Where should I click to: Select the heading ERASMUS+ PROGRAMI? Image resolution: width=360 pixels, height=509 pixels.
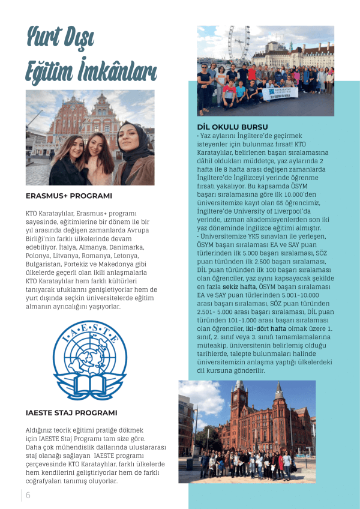pyautogui.click(x=68, y=196)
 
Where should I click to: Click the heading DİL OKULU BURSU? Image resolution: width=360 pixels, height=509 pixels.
pyautogui.click(x=232, y=127)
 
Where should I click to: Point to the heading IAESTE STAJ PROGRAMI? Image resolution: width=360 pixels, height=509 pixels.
pyautogui.click(x=71, y=412)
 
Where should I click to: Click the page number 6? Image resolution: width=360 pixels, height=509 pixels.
pyautogui.click(x=28, y=495)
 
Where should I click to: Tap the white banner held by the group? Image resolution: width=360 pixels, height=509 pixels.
pyautogui.click(x=280, y=93)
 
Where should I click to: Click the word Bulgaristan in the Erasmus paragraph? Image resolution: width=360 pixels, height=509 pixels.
pyautogui.click(x=47, y=264)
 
